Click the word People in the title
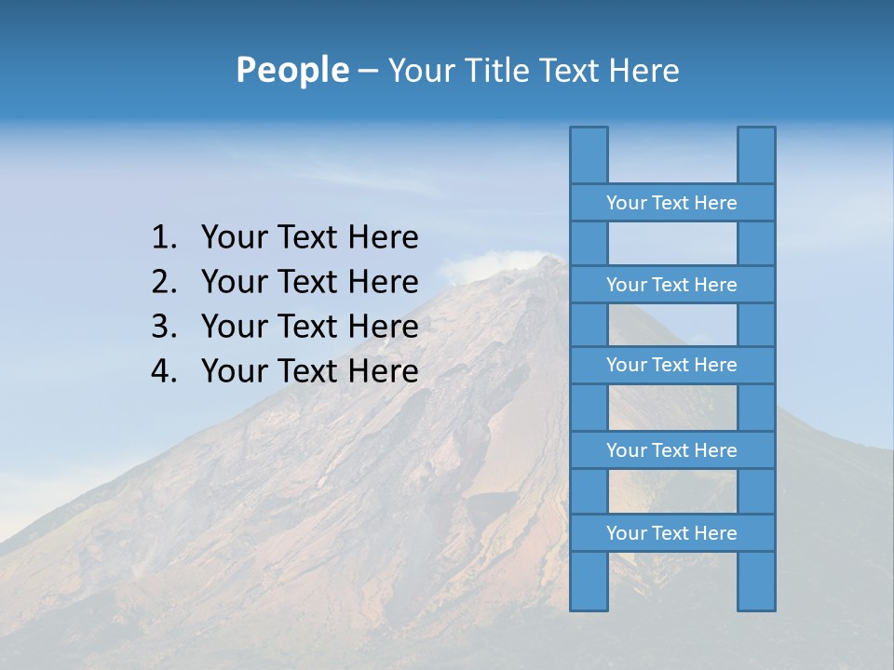[x=291, y=70]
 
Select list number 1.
[x=163, y=238]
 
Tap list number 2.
[x=163, y=282]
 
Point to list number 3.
[x=163, y=327]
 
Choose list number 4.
[x=163, y=371]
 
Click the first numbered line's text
[x=309, y=238]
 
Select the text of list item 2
[x=309, y=282]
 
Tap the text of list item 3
[x=309, y=327]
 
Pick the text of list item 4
[x=309, y=371]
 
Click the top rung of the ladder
[x=671, y=203]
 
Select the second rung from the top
[x=671, y=285]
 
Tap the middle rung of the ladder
[x=671, y=365]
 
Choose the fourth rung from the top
[x=671, y=450]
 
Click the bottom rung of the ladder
[x=671, y=533]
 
